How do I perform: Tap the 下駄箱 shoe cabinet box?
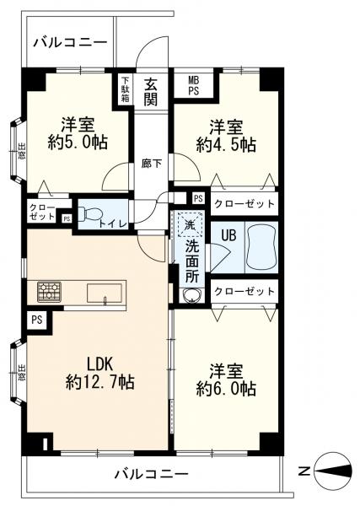(125, 88)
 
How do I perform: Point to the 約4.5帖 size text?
(226, 145)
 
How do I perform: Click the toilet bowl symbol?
(93, 212)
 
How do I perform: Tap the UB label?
(228, 235)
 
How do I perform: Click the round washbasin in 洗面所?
(190, 295)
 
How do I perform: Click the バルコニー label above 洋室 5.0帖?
(70, 42)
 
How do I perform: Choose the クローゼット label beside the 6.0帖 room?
(244, 291)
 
